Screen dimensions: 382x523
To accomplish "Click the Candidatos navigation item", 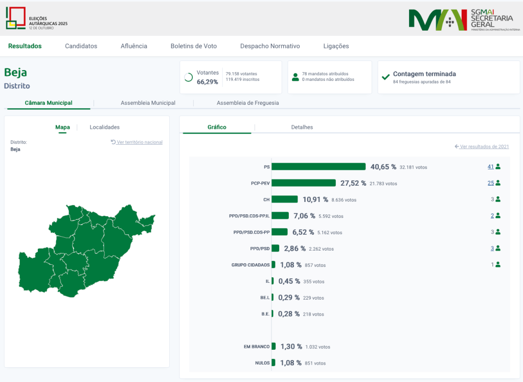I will point(81,46).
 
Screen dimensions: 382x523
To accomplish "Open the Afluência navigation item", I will point(134,46).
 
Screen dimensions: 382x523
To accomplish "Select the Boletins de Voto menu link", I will point(194,46).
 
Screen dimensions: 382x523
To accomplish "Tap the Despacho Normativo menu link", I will point(270,46).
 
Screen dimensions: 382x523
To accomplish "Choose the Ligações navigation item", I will point(336,46).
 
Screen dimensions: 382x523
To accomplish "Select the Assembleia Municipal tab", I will point(148,103).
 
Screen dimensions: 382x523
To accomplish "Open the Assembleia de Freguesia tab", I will point(248,103).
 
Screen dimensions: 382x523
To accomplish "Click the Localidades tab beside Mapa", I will point(105,127).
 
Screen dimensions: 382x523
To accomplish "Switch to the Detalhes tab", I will point(302,127).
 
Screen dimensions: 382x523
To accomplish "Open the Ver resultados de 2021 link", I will point(484,147).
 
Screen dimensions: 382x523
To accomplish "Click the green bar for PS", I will point(319,167).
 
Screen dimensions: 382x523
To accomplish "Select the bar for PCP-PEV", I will point(304,183).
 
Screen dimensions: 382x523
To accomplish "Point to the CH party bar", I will point(285,199).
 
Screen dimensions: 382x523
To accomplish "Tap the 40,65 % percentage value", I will point(383,167).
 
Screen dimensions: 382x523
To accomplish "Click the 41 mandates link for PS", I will point(491,167).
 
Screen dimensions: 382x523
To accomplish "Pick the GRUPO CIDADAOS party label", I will point(251,265).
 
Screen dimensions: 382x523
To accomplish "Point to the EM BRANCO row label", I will point(257,347).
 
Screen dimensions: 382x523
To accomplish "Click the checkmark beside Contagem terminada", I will point(386,77).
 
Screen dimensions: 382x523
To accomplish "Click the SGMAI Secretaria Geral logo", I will point(464,20).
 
